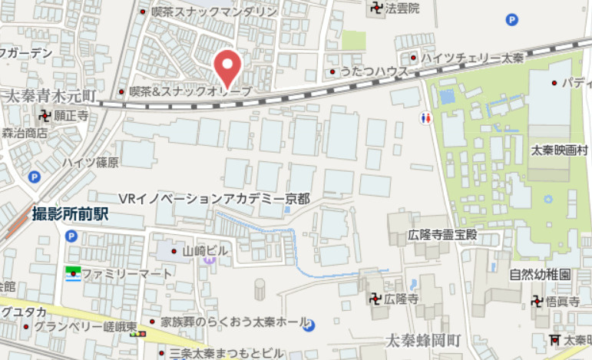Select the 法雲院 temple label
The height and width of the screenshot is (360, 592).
(x=402, y=9)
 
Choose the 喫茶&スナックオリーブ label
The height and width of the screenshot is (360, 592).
(x=190, y=91)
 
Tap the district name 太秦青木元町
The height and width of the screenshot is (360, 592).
(x=50, y=96)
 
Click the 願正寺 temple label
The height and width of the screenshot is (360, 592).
(x=71, y=116)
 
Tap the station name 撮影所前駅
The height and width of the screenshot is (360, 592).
(x=69, y=215)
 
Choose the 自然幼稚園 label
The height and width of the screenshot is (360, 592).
(x=540, y=274)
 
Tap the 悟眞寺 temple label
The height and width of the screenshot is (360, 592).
(x=561, y=302)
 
